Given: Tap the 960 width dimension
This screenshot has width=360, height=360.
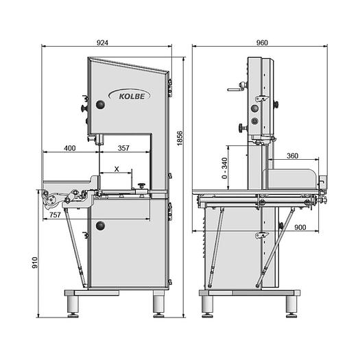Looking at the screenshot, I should [261, 42].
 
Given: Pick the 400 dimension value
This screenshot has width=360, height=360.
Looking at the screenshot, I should [69, 147].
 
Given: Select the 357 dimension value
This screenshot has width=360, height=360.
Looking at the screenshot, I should [124, 147].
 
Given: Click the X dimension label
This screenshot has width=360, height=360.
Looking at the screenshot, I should [117, 169].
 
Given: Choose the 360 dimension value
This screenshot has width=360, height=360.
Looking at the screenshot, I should [292, 156].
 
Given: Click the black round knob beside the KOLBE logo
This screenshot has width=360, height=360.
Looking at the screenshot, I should [101, 104].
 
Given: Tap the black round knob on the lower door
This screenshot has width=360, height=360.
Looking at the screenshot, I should [101, 226].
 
